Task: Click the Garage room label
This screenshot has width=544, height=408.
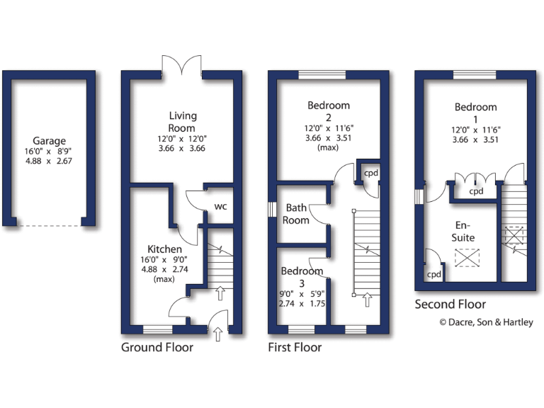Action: pos(49,141)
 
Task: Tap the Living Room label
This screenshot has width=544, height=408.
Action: pos(183,121)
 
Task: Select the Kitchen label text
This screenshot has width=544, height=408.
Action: pos(164,249)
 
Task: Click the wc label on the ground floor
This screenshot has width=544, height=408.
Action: pos(220,207)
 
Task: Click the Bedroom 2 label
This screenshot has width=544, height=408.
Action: pos(329,111)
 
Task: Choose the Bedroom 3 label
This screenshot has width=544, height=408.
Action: pos(302,277)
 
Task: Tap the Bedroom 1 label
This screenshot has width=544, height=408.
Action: pos(475,113)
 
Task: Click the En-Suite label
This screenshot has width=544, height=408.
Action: pos(465,231)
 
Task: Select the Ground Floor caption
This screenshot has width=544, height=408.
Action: pos(157,347)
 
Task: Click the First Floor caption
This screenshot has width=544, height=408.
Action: pos(295,347)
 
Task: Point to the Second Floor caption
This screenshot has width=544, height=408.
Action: pos(450,305)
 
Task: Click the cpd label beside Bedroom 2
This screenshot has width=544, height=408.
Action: pos(370,173)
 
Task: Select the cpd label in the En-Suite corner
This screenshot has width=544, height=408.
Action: pos(434,274)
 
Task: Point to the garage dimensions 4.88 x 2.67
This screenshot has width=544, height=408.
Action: pos(49,161)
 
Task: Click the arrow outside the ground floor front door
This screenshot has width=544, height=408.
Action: pos(217,333)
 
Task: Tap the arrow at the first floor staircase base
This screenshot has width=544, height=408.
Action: pos(367,300)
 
